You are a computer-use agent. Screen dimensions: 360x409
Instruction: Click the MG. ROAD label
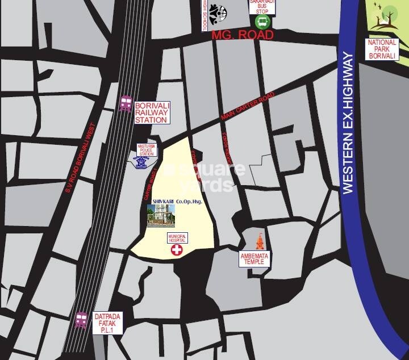click(x=243, y=35)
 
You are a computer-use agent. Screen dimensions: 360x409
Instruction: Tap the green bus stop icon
click(x=262, y=22)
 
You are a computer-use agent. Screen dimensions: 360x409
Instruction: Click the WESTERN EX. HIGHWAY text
click(x=348, y=123)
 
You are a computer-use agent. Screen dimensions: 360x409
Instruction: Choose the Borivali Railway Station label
click(x=151, y=112)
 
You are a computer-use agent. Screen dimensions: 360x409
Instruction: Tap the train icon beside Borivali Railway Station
click(x=126, y=104)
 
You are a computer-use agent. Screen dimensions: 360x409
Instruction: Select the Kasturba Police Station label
click(x=146, y=150)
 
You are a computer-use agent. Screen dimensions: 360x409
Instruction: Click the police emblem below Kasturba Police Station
click(x=141, y=163)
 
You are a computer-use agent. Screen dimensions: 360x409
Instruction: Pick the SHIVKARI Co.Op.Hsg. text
click(x=177, y=202)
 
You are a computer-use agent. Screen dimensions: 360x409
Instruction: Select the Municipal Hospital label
click(x=177, y=238)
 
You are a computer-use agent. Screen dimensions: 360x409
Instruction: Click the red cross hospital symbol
click(x=178, y=250)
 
